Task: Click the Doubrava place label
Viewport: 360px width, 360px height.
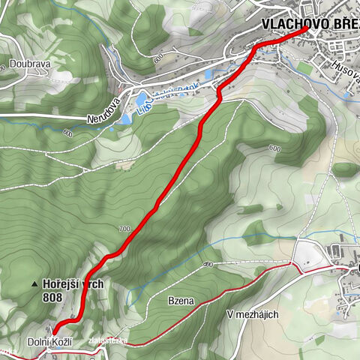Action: pos(30,64)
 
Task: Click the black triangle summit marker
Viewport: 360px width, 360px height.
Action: pos(34,284)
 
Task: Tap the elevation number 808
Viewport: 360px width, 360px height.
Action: pos(55,297)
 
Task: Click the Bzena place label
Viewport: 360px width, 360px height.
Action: pos(181,301)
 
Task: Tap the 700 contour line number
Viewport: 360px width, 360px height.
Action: pos(124,227)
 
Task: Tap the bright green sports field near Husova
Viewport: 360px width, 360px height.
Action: pos(304,67)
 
